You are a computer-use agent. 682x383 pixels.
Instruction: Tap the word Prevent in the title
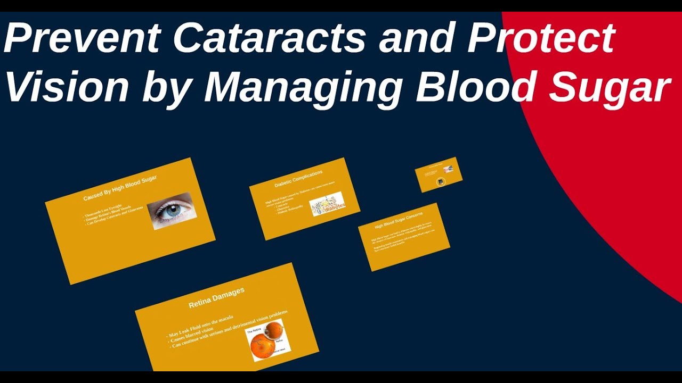[83, 38]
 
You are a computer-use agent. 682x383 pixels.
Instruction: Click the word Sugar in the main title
[610, 88]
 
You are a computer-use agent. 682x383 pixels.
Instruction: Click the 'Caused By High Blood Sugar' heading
[120, 188]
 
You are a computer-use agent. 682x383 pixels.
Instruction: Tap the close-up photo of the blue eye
[172, 211]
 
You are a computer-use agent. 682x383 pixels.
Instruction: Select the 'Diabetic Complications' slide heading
[298, 179]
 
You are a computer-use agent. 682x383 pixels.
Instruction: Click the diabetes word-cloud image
[327, 204]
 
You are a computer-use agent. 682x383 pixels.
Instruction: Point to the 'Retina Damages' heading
[216, 298]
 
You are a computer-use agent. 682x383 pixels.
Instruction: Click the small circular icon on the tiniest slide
[441, 182]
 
